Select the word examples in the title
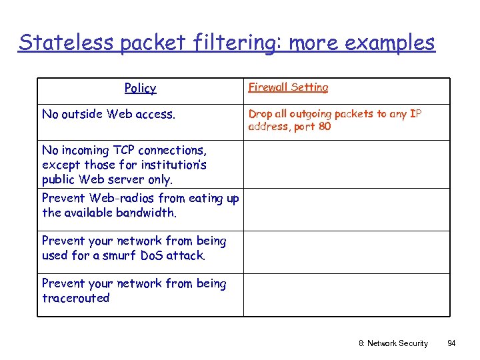click(387, 43)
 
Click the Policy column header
click(140, 88)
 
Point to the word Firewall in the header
click(268, 87)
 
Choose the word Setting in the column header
click(309, 87)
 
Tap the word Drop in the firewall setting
click(260, 114)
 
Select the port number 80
click(324, 127)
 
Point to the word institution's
click(176, 165)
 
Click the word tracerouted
click(75, 298)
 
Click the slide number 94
click(451, 343)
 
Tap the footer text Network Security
click(398, 343)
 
